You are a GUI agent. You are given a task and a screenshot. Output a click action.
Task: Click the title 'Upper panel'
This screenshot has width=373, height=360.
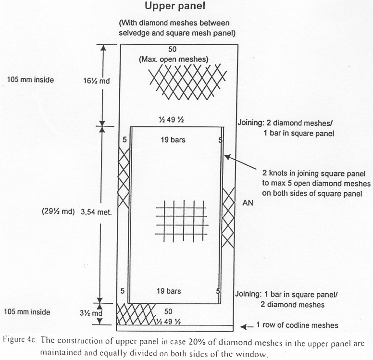(x=175, y=6)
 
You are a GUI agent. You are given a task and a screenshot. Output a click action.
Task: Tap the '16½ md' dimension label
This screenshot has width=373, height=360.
(x=97, y=81)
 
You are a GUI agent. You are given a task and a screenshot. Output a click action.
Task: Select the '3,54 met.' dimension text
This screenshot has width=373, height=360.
(x=96, y=212)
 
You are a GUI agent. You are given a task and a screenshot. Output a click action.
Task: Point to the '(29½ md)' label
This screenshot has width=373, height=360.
(x=58, y=211)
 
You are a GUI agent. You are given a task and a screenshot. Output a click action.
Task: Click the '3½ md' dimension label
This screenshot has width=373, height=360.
(x=91, y=313)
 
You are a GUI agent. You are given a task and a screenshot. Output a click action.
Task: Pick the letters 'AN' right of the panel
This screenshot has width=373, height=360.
(x=248, y=203)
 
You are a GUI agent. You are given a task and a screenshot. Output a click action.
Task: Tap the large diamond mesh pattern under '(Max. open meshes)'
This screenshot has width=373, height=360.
(x=187, y=81)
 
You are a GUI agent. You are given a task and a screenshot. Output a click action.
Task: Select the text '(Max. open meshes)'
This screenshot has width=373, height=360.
(x=174, y=59)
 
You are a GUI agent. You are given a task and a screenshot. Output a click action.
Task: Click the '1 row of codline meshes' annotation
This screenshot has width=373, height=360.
(x=297, y=325)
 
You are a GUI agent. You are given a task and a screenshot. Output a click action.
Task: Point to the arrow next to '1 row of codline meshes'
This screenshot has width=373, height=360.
(x=247, y=327)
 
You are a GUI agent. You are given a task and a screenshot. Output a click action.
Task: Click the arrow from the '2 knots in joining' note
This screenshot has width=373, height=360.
(x=240, y=162)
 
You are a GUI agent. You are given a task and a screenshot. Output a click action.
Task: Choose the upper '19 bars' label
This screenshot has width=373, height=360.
(x=173, y=140)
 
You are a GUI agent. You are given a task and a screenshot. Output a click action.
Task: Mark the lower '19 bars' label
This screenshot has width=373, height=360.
(x=169, y=291)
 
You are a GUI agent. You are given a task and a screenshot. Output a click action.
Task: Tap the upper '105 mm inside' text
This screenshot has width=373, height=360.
(x=30, y=79)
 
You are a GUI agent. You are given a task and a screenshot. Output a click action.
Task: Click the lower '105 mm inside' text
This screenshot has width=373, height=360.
(x=27, y=312)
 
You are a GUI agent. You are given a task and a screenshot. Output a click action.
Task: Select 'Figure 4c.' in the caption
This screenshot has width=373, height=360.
(x=20, y=339)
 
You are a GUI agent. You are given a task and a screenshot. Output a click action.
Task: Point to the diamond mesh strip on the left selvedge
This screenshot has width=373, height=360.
(x=124, y=178)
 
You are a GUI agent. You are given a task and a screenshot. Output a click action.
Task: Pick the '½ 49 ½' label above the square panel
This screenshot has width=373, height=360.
(x=171, y=120)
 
